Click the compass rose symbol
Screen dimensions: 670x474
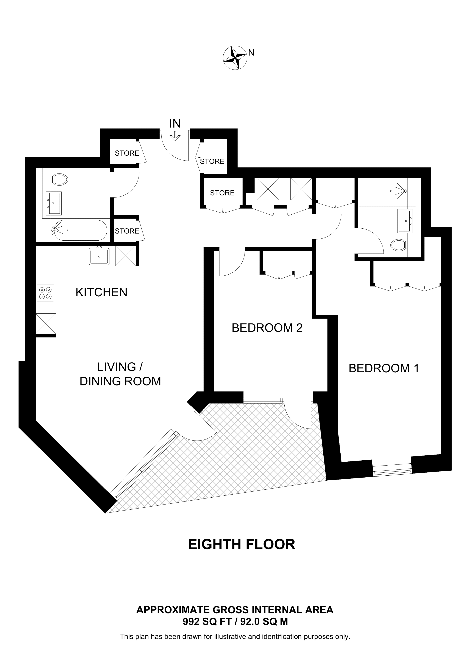[x=235, y=57]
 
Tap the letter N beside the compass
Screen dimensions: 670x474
[x=251, y=53]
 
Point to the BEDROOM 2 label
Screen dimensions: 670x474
[x=267, y=328]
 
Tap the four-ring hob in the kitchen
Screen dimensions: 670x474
[x=45, y=293]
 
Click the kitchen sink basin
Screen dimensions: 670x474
[x=99, y=257]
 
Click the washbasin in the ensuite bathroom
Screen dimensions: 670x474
[x=405, y=221]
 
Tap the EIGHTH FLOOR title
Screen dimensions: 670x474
[x=242, y=545]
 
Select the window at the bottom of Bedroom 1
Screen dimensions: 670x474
[x=392, y=470]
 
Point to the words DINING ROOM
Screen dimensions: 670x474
[x=120, y=381]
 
